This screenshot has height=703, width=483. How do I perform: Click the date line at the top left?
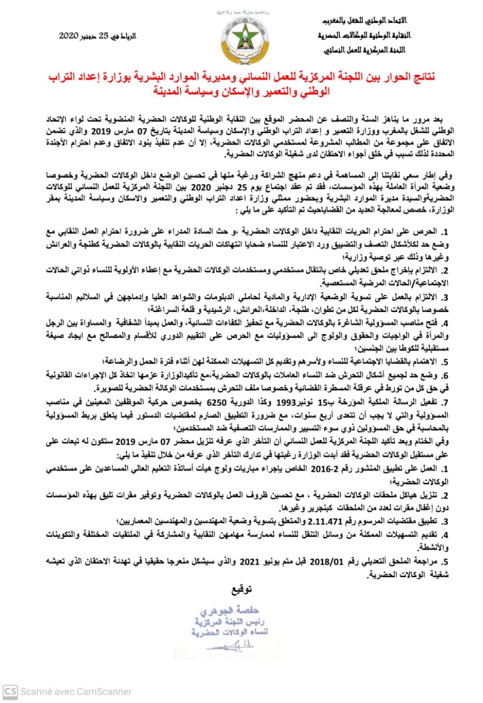(98, 36)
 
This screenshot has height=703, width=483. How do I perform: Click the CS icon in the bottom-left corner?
(9, 691)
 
